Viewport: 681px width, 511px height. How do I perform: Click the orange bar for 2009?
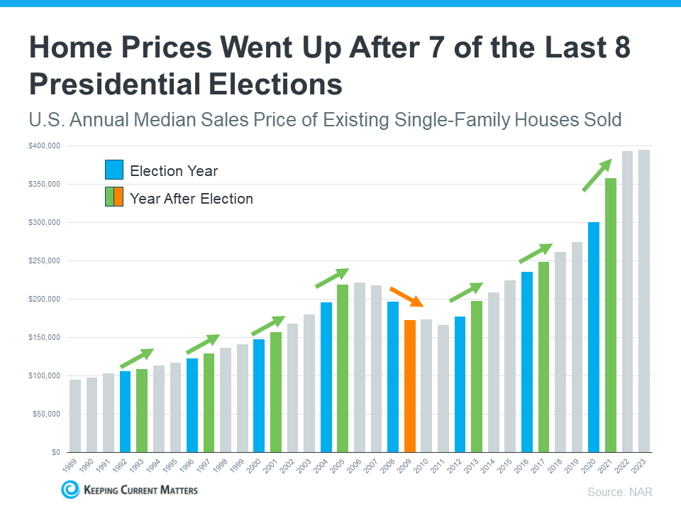[410, 386]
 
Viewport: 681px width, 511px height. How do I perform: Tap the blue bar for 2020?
[594, 337]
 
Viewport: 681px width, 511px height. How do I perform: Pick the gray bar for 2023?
[644, 301]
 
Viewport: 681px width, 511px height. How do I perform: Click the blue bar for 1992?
[125, 412]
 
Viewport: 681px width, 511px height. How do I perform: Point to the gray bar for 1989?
[74, 416]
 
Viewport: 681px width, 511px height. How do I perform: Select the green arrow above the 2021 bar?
[597, 175]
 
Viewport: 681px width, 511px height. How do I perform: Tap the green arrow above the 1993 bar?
[136, 358]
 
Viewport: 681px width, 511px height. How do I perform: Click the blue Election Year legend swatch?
[114, 170]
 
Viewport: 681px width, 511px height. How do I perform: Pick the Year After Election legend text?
[192, 199]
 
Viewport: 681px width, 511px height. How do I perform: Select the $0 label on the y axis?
[54, 452]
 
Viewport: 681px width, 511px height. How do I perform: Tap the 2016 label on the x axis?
[526, 466]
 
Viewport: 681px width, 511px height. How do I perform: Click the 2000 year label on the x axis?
[257, 466]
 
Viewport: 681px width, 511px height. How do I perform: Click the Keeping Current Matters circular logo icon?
[70, 489]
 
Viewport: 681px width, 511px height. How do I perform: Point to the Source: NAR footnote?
[619, 492]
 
